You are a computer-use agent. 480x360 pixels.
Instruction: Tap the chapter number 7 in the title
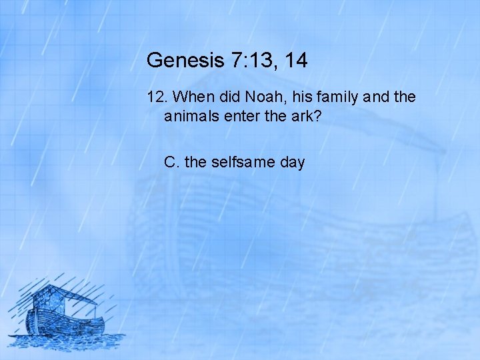[238, 61]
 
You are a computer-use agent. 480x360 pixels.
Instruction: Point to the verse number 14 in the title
[295, 61]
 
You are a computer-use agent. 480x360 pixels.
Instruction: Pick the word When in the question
[191, 97]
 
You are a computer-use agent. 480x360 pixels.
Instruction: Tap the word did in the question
[225, 97]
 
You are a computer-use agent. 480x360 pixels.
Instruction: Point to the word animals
[191, 117]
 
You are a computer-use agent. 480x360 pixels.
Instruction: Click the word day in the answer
[292, 162]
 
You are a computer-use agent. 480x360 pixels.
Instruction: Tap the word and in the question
[373, 97]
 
